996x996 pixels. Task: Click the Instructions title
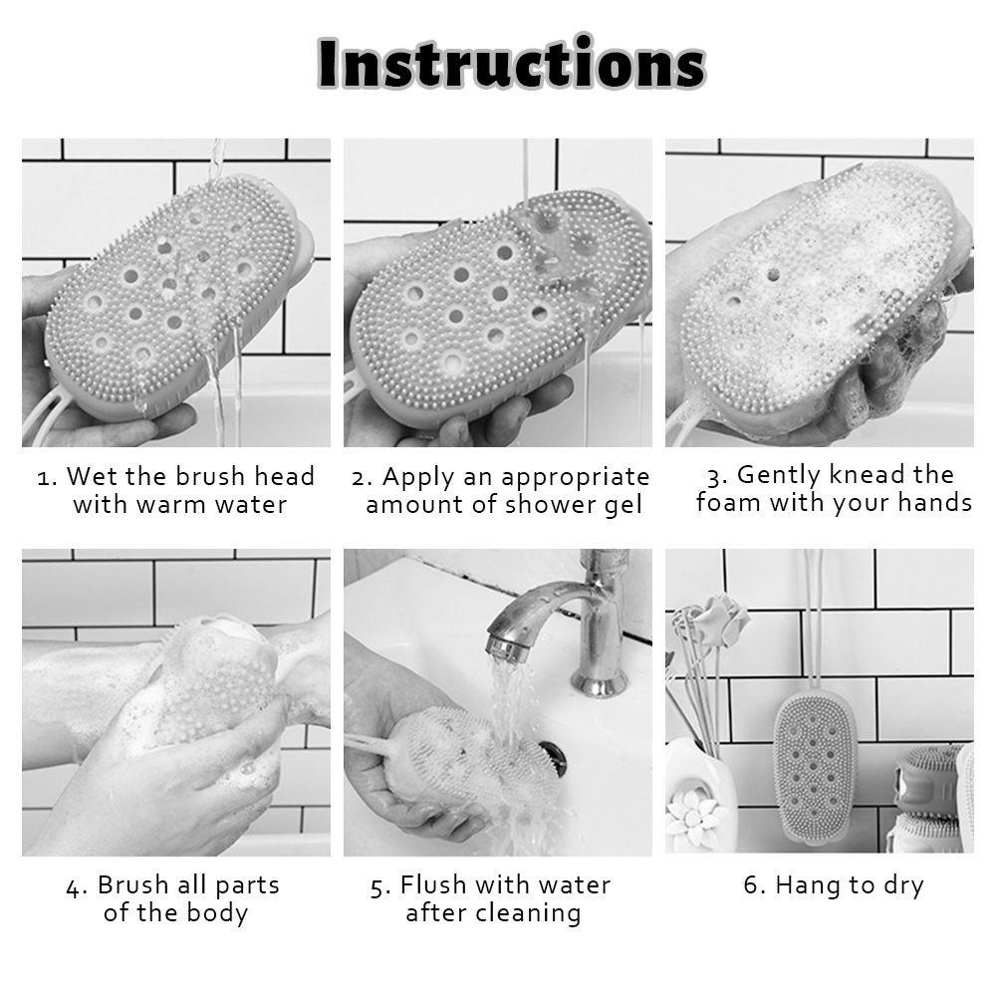tap(511, 64)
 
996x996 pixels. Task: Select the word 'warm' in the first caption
tap(171, 505)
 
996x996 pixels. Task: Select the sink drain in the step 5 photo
tap(554, 757)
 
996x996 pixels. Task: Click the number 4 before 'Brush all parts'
tap(75, 886)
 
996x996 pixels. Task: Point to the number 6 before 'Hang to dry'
tap(754, 885)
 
